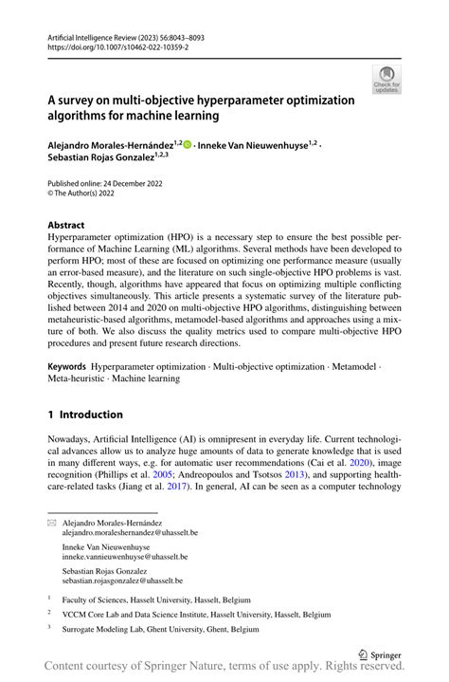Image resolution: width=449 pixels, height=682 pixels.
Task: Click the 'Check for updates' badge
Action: (x=386, y=80)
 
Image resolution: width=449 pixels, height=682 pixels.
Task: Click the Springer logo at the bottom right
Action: (x=375, y=653)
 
